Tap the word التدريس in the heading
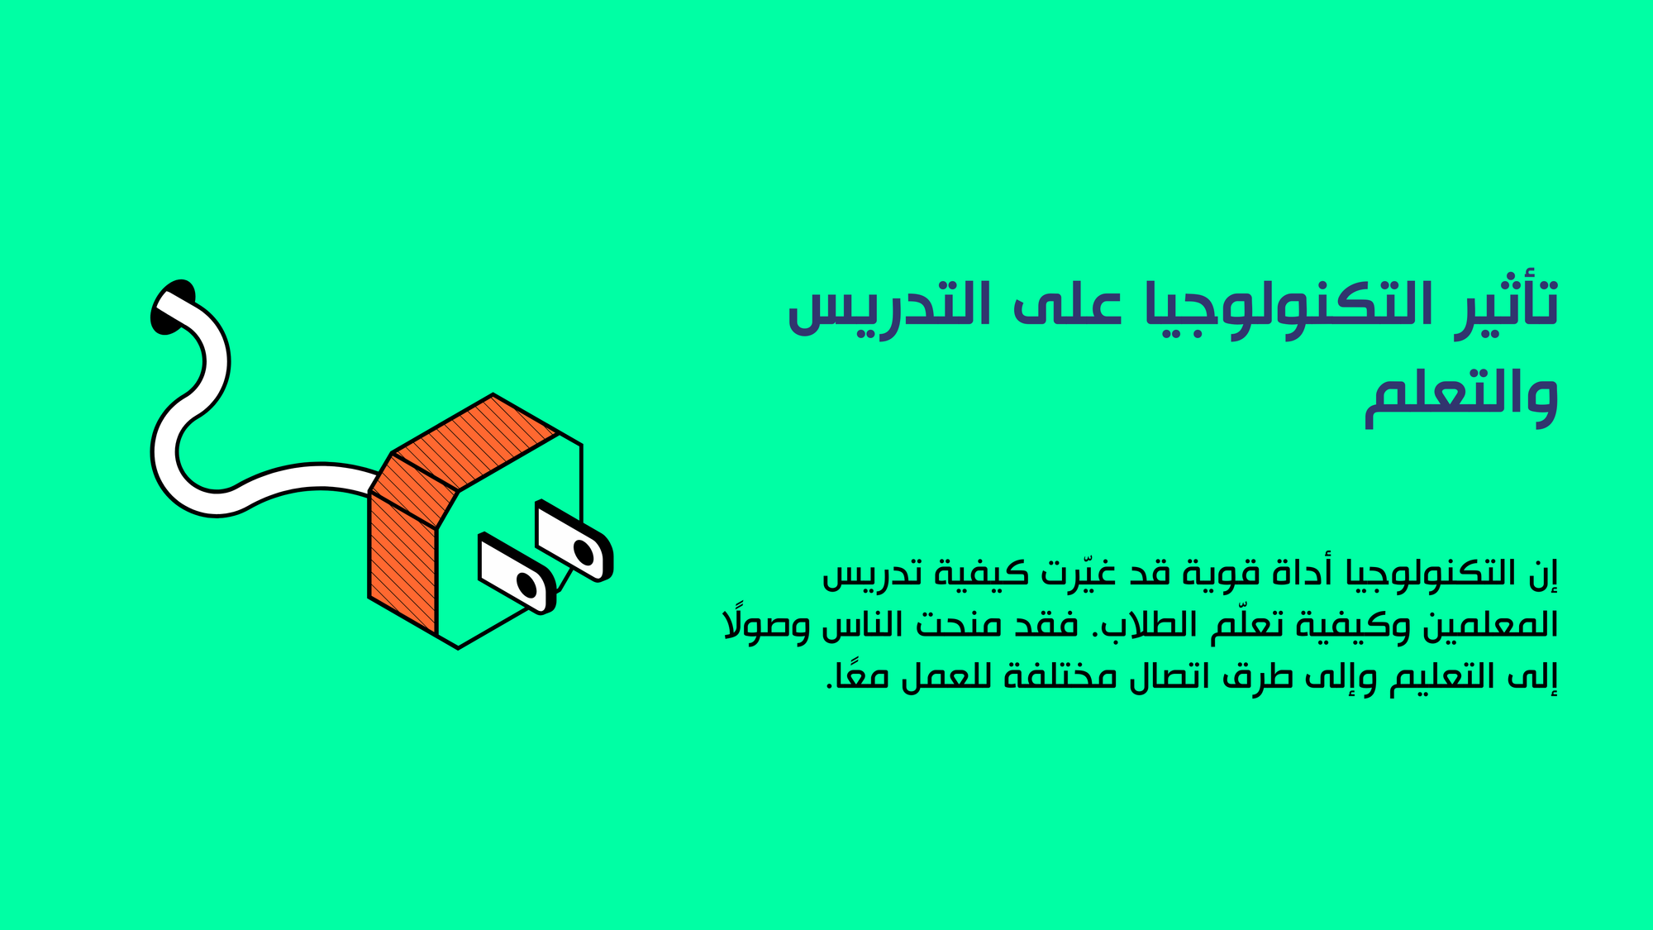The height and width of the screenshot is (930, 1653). pos(889,306)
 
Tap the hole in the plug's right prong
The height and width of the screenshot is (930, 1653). pos(584,551)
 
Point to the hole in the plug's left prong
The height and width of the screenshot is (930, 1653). pos(526,584)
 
